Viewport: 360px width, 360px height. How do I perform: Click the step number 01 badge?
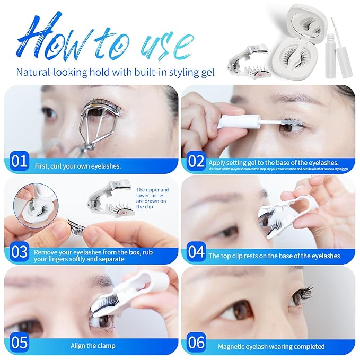19,161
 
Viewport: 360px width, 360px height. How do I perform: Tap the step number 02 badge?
197,161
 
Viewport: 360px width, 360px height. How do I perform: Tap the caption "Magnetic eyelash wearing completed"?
271,346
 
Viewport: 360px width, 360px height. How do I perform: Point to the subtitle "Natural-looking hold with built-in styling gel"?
115,72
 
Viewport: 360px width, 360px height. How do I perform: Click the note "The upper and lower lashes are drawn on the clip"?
152,198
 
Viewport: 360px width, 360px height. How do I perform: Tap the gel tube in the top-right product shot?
340,48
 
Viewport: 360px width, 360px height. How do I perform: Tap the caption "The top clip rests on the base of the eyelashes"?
274,256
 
